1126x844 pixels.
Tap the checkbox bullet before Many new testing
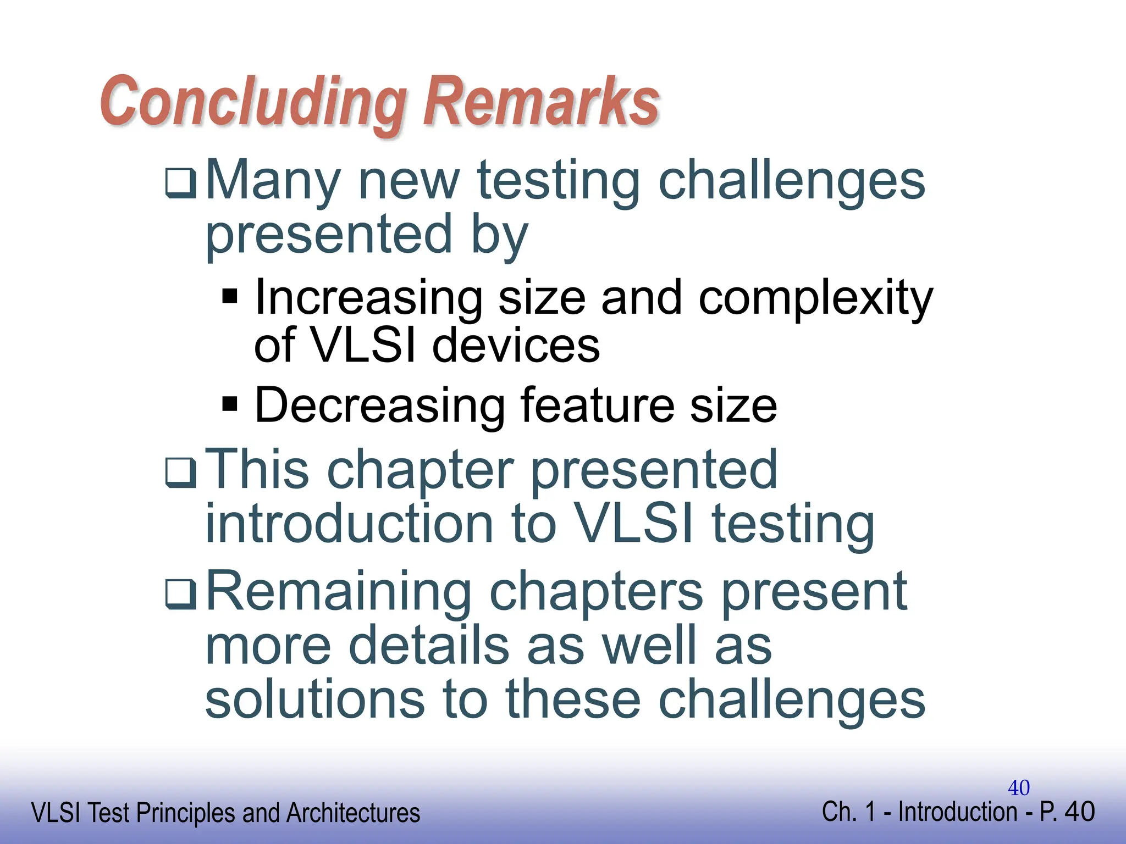click(x=180, y=184)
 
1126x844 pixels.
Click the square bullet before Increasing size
click(x=230, y=297)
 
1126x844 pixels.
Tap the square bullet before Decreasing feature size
click(x=230, y=405)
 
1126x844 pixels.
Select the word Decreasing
click(x=380, y=406)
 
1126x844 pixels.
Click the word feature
click(x=597, y=405)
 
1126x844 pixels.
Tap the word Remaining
click(x=338, y=592)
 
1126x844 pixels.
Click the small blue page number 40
click(x=1018, y=788)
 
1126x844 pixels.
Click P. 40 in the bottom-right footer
click(x=1067, y=812)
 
